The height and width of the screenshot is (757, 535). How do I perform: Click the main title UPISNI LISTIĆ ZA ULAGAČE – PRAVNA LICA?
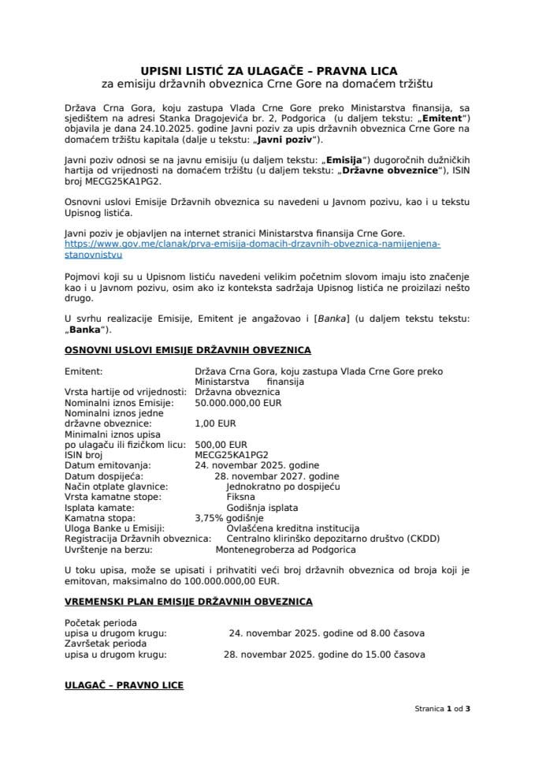[x=267, y=69]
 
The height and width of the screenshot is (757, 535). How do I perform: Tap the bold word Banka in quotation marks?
[x=85, y=330]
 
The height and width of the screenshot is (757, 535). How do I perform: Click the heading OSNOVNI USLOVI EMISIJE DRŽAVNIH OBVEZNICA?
[x=188, y=349]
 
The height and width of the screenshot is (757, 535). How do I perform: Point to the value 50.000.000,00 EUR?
[x=238, y=402]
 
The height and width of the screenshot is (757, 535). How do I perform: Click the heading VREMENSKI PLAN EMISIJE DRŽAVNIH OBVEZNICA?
[x=188, y=602]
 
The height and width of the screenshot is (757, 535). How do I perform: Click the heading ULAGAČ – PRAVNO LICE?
[x=124, y=686]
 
